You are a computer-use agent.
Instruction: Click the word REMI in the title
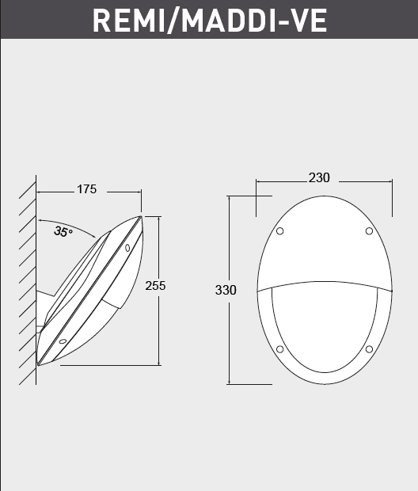[126, 21]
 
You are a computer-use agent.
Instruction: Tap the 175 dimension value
[86, 189]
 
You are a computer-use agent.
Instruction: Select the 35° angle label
[63, 231]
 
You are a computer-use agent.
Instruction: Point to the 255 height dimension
[155, 286]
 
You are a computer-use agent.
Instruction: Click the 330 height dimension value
[226, 290]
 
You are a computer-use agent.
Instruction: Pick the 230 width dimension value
[319, 178]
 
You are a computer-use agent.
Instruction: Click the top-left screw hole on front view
[279, 231]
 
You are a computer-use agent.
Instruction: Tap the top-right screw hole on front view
[369, 230]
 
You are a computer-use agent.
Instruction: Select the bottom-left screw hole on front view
[279, 349]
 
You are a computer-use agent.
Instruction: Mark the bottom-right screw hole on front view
[369, 349]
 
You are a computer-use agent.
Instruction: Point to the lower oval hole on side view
[63, 341]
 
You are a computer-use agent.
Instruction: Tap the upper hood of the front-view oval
[324, 246]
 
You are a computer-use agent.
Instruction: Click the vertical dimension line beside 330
[229, 333]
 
